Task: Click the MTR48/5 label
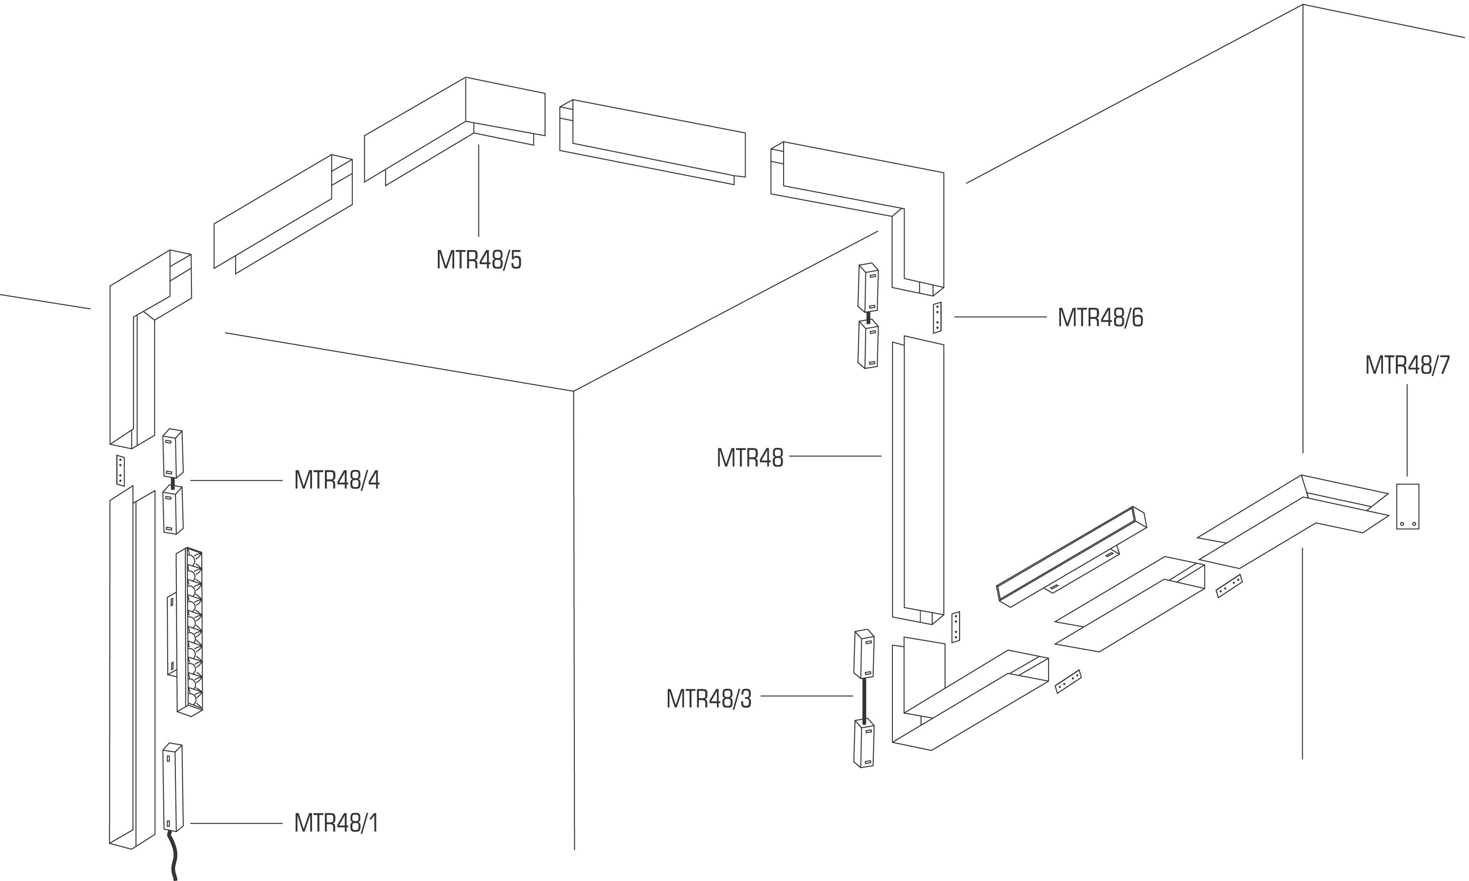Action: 479,260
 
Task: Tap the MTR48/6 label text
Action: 1100,317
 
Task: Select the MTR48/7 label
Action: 1407,365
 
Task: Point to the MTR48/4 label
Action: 337,480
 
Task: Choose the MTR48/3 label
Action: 709,699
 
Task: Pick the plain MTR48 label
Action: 750,458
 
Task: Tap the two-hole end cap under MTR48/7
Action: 1407,507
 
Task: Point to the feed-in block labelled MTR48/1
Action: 173,787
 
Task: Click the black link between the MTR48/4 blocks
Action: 173,483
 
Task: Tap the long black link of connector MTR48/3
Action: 864,699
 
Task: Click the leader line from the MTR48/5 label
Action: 479,190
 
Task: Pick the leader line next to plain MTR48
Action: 835,456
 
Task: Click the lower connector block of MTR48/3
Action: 864,743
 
